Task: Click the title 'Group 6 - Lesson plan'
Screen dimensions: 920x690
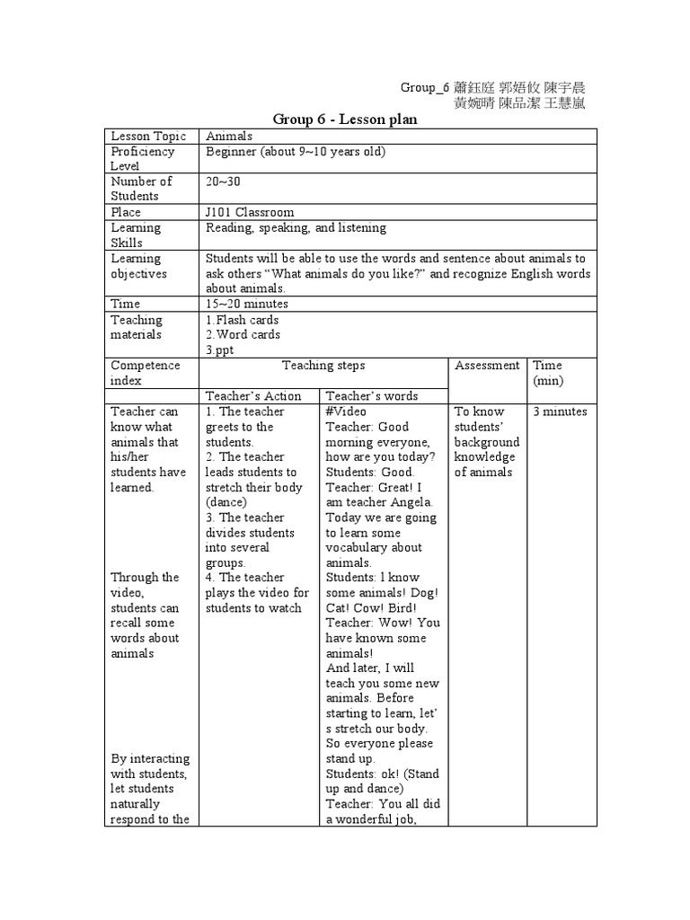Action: tap(345, 119)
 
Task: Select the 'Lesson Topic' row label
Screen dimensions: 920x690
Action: tap(148, 136)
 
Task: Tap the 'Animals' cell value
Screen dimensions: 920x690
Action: tap(229, 136)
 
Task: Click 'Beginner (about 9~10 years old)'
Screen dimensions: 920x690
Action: tap(296, 151)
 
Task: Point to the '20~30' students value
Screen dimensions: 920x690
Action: tap(223, 181)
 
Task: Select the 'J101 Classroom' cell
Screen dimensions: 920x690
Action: tap(250, 212)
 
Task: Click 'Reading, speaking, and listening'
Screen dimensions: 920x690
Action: tap(296, 227)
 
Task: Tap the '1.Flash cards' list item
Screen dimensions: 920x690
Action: tap(243, 320)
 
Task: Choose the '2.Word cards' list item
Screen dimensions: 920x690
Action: tap(243, 334)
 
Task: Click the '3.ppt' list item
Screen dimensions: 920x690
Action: tap(220, 349)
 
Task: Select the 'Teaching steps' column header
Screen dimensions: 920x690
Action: tap(323, 366)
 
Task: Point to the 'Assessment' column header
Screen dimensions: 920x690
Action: tap(487, 366)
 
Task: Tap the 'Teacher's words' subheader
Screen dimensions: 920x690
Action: tap(372, 395)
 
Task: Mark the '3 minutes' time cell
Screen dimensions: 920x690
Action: tap(560, 411)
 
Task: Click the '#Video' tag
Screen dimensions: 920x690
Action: tap(343, 411)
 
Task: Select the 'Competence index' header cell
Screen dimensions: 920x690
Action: tap(146, 373)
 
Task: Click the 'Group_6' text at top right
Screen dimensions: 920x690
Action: tap(423, 87)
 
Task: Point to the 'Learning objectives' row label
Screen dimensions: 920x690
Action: tap(138, 266)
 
